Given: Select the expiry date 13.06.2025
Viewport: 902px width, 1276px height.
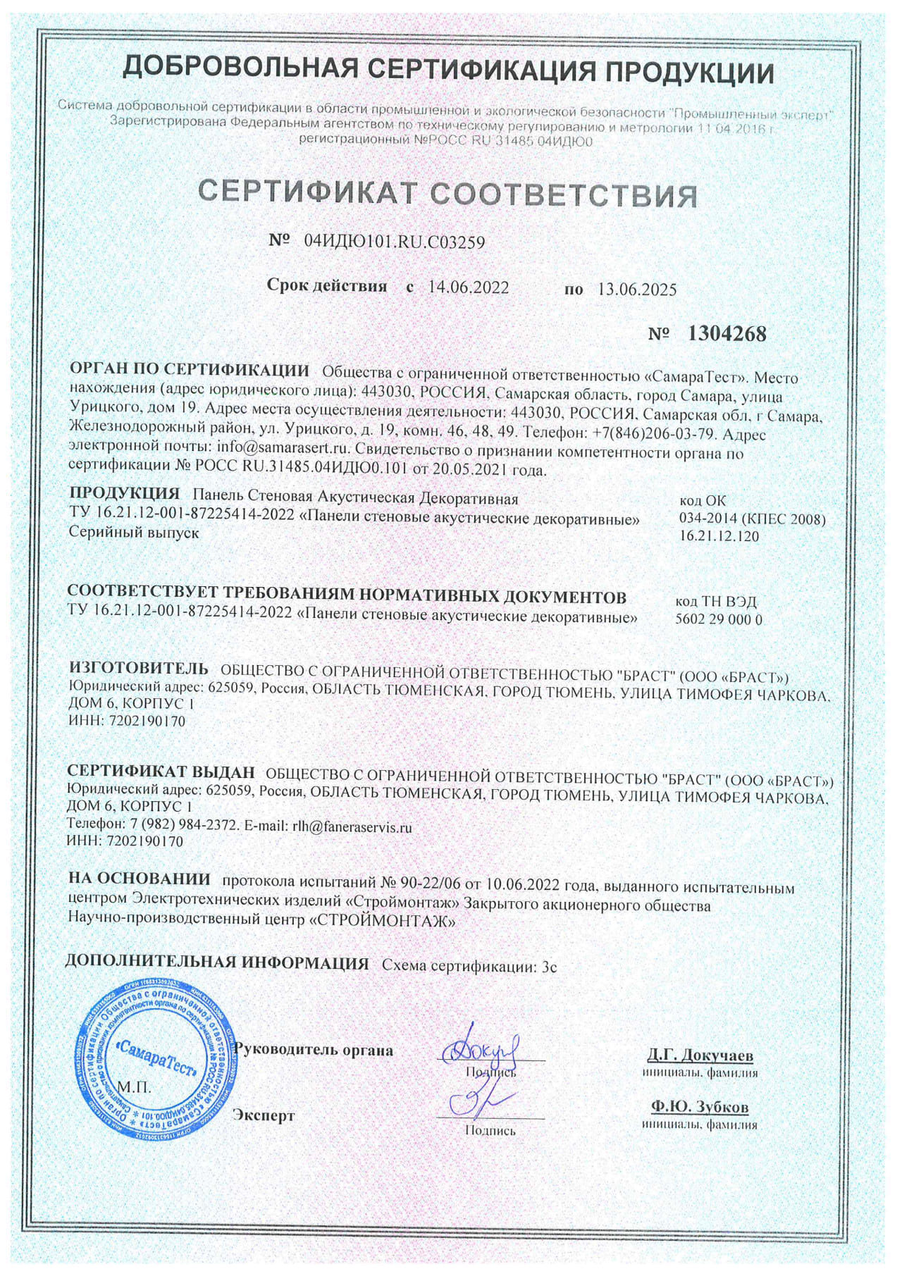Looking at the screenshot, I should coord(636,289).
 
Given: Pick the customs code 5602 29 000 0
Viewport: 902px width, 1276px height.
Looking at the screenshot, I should coord(719,620).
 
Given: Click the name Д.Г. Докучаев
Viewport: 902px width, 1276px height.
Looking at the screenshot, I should coord(700,1055).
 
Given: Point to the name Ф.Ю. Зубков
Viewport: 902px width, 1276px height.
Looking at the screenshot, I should coord(700,1106).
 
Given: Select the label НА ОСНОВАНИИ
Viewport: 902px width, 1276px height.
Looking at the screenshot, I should coord(140,879).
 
